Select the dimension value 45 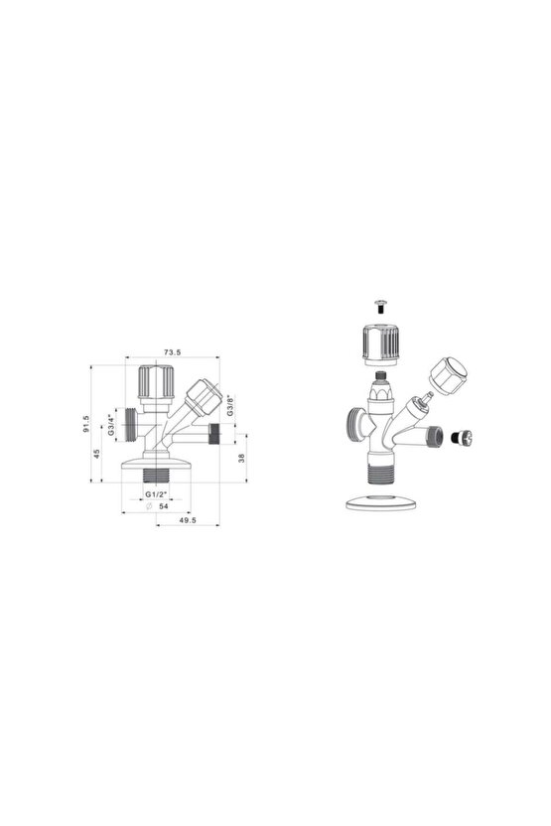tap(97, 454)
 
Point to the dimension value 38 tap(241, 458)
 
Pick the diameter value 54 tap(162, 506)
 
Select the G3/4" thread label tap(112, 425)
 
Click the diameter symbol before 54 tap(147, 506)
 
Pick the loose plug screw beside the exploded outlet tap(459, 436)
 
